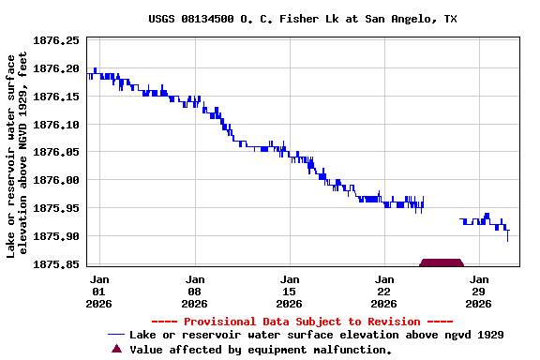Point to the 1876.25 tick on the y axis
(x=56, y=41)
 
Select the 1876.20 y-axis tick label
(x=56, y=68)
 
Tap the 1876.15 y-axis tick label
(x=56, y=97)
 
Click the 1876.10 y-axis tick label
(x=56, y=125)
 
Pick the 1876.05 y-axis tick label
(x=56, y=152)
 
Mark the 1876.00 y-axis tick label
(x=56, y=180)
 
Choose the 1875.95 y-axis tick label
(x=56, y=208)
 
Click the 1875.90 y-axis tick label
(x=56, y=236)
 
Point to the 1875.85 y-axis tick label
(x=56, y=264)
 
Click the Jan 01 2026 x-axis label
(x=99, y=291)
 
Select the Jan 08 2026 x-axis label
(x=194, y=291)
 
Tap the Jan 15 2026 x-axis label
(x=290, y=291)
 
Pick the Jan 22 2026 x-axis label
(x=384, y=291)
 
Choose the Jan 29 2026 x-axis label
(x=479, y=291)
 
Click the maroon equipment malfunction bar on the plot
(x=442, y=262)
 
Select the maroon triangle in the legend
(x=116, y=349)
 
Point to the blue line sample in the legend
(x=116, y=335)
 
